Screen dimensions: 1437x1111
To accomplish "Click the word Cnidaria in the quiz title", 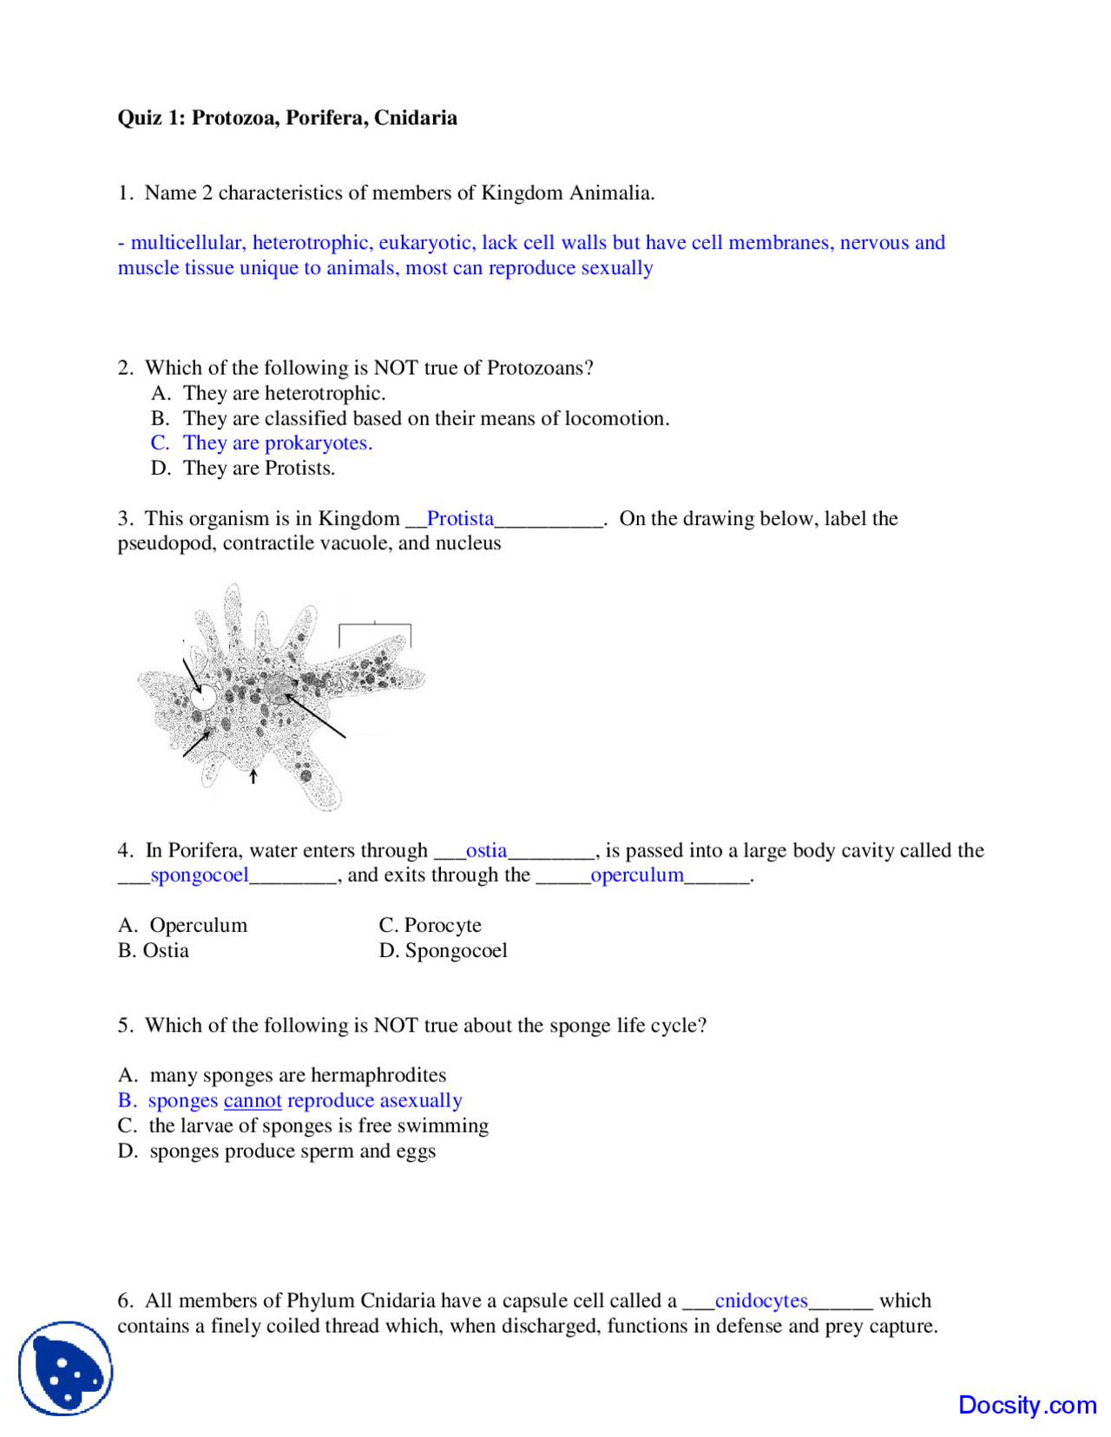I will (415, 118).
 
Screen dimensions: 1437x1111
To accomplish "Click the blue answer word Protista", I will (460, 519).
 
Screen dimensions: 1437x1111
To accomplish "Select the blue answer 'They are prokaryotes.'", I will (277, 443).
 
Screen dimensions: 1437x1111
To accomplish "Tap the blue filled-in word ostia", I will (486, 850).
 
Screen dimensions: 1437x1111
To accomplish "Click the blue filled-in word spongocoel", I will (200, 876).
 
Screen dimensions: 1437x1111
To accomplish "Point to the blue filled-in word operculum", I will (637, 876).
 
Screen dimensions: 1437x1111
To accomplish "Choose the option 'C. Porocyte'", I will (430, 926).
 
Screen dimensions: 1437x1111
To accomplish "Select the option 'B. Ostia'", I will (154, 951).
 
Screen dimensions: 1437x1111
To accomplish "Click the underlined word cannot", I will (253, 1101).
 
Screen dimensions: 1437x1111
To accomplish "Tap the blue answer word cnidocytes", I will (761, 1302).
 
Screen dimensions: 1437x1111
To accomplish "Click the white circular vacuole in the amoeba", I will (205, 697).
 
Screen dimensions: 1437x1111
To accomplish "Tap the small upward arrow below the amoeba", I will (253, 775).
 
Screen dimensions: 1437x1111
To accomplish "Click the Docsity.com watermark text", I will (1027, 1405).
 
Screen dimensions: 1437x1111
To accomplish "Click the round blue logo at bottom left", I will (66, 1368).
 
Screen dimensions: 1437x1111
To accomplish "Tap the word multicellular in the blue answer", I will (187, 243).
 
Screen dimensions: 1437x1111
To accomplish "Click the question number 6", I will (125, 1302).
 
